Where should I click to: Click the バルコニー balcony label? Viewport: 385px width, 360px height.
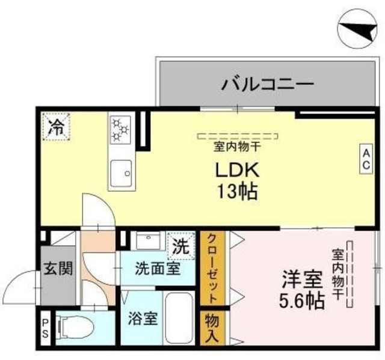coord(266,83)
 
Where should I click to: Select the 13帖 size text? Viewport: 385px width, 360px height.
coord(237,192)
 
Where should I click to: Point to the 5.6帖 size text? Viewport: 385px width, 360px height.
coord(303,299)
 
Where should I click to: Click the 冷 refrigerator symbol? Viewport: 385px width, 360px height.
coord(57,126)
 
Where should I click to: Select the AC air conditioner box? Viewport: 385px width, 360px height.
coord(365,158)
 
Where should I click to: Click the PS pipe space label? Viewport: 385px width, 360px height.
coord(46,329)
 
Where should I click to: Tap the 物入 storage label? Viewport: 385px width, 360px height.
coord(212,328)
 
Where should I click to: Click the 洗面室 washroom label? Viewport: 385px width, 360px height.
coord(157,269)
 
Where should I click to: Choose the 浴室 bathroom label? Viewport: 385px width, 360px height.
coord(141,318)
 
